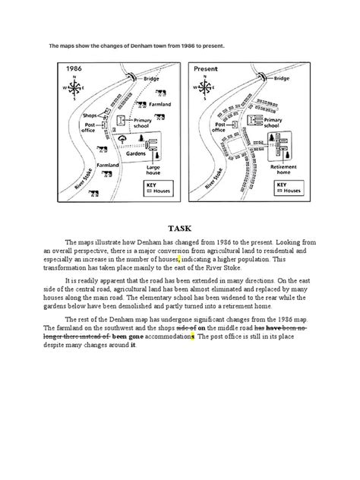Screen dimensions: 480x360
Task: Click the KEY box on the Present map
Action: pos(287,187)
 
